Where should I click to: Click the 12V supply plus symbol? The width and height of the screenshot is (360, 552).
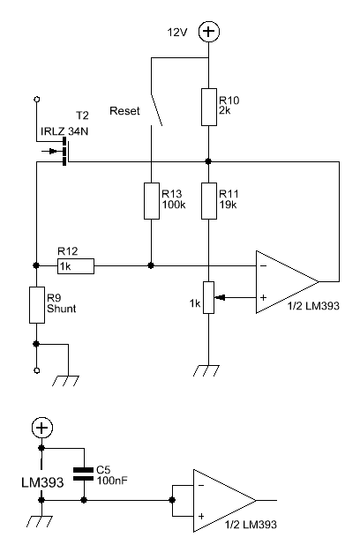click(x=209, y=32)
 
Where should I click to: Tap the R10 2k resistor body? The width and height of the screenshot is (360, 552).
click(x=209, y=107)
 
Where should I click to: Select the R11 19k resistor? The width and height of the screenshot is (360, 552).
click(x=209, y=201)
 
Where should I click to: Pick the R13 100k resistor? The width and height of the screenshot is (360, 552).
click(x=152, y=201)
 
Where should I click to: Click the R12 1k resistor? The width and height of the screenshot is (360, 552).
click(x=76, y=266)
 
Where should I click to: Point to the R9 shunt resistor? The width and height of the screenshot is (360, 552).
click(x=37, y=305)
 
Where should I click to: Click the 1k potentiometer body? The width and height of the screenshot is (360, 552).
click(x=208, y=297)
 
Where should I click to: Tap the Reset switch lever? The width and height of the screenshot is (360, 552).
click(x=156, y=109)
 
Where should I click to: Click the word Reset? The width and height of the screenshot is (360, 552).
click(x=124, y=111)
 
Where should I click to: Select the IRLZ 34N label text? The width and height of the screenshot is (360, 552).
click(x=64, y=131)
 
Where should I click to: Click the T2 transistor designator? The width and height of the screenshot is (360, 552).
click(x=82, y=116)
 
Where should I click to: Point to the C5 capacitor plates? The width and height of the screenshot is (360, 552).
click(x=84, y=474)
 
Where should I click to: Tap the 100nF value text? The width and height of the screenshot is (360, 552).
click(x=112, y=481)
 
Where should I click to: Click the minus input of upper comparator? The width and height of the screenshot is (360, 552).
click(x=263, y=265)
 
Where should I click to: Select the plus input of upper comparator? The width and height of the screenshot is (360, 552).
click(x=263, y=297)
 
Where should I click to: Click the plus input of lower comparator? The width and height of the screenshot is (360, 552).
click(x=201, y=516)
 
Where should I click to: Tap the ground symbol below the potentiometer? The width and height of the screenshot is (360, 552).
click(x=206, y=370)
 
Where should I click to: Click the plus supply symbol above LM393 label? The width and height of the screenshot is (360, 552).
click(x=42, y=428)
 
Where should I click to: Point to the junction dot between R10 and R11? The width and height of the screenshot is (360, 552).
click(x=208, y=161)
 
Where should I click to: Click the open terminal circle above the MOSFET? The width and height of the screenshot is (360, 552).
click(x=36, y=100)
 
